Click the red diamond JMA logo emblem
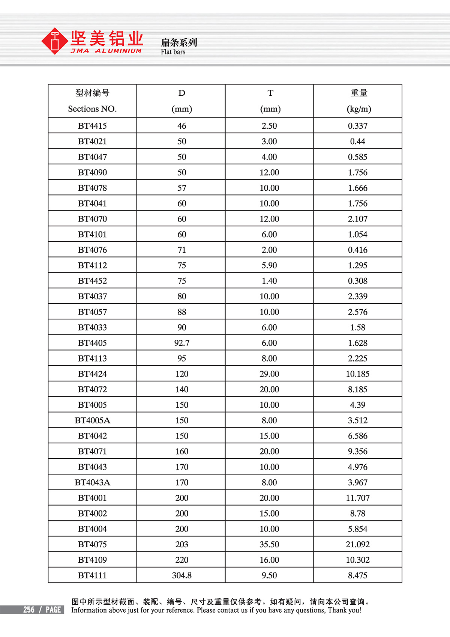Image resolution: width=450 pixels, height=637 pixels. pos(55,41)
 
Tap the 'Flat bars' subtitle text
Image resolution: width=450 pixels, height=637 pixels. pos(173,52)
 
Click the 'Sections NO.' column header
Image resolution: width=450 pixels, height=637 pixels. pos(92,109)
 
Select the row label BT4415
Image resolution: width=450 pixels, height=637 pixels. pos(92,126)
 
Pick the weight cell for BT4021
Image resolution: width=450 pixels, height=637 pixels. pos(357,142)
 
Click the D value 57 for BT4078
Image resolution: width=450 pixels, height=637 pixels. pos(181,188)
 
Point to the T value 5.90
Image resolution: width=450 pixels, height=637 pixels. pos(269,265)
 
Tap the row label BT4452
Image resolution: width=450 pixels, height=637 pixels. pos(92,281)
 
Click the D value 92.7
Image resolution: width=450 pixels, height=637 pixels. pos(181,343)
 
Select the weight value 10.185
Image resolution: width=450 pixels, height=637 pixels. pos(357,374)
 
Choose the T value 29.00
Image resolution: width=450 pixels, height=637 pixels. pos(269,374)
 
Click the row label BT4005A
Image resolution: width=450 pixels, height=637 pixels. pos(92,420)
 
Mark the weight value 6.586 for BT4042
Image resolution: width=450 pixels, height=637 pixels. pos(357,436)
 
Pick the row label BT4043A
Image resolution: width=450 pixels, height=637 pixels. pos(92,482)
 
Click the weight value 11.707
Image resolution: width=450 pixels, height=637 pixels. pos(357,498)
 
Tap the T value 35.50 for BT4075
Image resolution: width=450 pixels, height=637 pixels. pos(269,545)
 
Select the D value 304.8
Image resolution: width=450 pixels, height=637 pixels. pos(181,575)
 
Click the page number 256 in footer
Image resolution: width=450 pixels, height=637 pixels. pos(28,610)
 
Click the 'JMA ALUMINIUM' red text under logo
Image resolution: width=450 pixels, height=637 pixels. pos(106,51)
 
